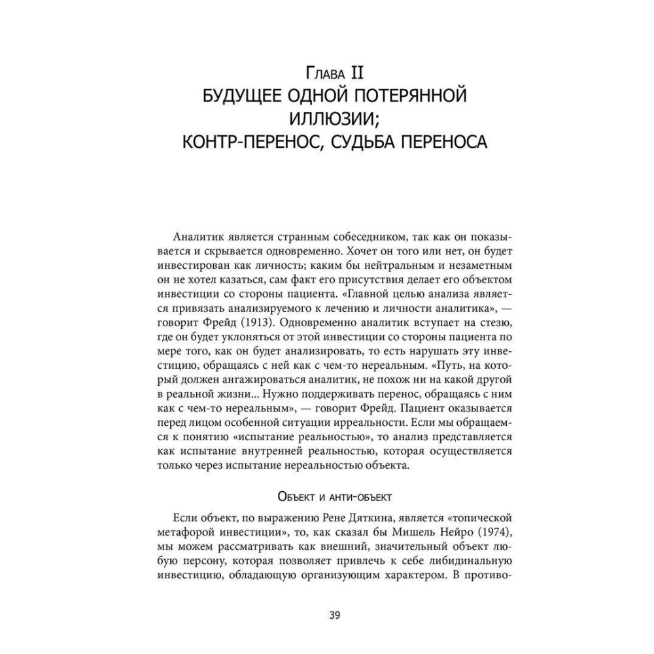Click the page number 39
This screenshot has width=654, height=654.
pos(334,615)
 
